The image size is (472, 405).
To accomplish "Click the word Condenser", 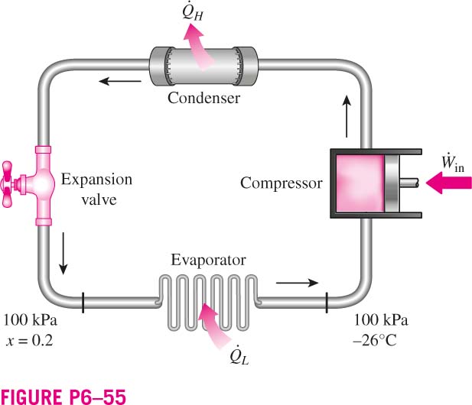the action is click(203, 98).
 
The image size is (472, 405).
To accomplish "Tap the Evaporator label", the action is click(208, 260).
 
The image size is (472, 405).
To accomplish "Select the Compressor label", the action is click(282, 183).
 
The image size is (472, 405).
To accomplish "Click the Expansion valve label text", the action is click(97, 190).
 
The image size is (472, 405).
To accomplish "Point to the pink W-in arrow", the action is click(449, 183).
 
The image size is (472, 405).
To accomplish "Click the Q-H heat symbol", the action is click(193, 12).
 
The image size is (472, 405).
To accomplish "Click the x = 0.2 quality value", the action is click(29, 341).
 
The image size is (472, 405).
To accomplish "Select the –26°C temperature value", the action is click(375, 341).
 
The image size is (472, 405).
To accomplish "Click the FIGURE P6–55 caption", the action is click(63, 397).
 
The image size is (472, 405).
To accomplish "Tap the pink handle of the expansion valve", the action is click(7, 184).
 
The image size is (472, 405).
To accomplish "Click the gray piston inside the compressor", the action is click(392, 183).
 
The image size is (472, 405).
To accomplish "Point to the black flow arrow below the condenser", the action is click(120, 81).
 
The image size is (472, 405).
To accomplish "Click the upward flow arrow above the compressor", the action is click(347, 116).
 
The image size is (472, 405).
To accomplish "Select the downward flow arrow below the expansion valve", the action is click(63, 253).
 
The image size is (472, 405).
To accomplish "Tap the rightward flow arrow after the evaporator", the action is click(297, 283).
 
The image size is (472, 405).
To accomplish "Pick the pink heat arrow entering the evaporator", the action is click(213, 326).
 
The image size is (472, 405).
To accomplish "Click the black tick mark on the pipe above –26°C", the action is click(327, 302).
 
